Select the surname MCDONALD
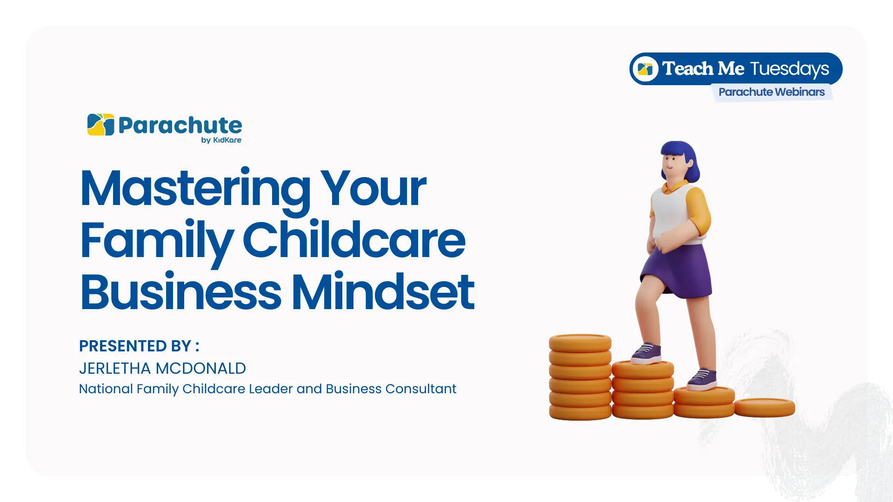pos(201,368)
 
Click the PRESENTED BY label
pos(139,346)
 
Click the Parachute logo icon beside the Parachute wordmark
pos(101,125)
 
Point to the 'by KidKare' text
pos(221,140)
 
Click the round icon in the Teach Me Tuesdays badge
pos(645,69)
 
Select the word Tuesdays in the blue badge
pos(790,69)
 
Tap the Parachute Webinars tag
pos(772,92)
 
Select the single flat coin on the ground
pos(765,408)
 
